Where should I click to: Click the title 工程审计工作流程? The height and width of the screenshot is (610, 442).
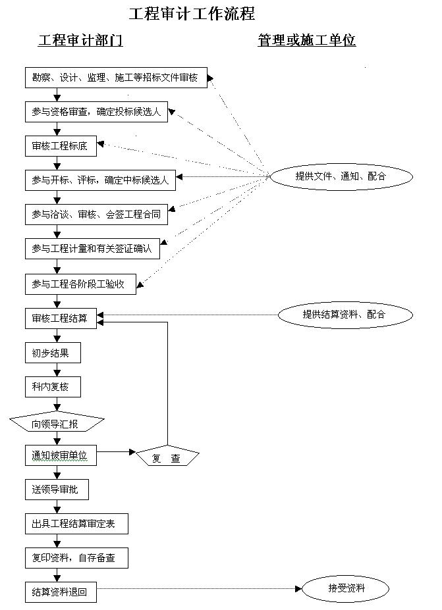pyautogui.click(x=192, y=13)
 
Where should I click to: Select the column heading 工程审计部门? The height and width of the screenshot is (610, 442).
pyautogui.click(x=80, y=41)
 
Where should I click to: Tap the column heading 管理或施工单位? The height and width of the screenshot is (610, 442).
pyautogui.click(x=306, y=41)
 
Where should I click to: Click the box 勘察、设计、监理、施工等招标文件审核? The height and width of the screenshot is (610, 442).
pyautogui.click(x=115, y=78)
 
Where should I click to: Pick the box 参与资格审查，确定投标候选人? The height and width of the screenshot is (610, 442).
pyautogui.click(x=96, y=112)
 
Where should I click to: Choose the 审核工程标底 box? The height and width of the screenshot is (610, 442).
pyautogui.click(x=61, y=146)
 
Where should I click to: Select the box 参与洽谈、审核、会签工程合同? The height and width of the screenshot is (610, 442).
pyautogui.click(x=96, y=214)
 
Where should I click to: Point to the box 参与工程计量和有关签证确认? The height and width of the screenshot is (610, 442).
pyautogui.click(x=92, y=249)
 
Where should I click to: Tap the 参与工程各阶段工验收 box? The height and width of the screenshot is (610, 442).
pyautogui.click(x=82, y=284)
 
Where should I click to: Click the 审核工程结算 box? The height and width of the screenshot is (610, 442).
pyautogui.click(x=61, y=318)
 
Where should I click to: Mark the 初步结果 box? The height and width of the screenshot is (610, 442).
pyautogui.click(x=53, y=353)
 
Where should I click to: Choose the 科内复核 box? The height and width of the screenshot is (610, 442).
pyautogui.click(x=53, y=387)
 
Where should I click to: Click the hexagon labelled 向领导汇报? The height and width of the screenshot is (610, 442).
pyautogui.click(x=57, y=424)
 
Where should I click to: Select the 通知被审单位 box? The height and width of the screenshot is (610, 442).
pyautogui.click(x=61, y=455)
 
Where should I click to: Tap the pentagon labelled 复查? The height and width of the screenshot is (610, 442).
pyautogui.click(x=167, y=457)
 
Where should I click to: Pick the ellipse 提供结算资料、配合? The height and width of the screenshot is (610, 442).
pyautogui.click(x=345, y=315)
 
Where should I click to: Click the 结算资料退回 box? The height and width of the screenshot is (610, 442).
pyautogui.click(x=61, y=592)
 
